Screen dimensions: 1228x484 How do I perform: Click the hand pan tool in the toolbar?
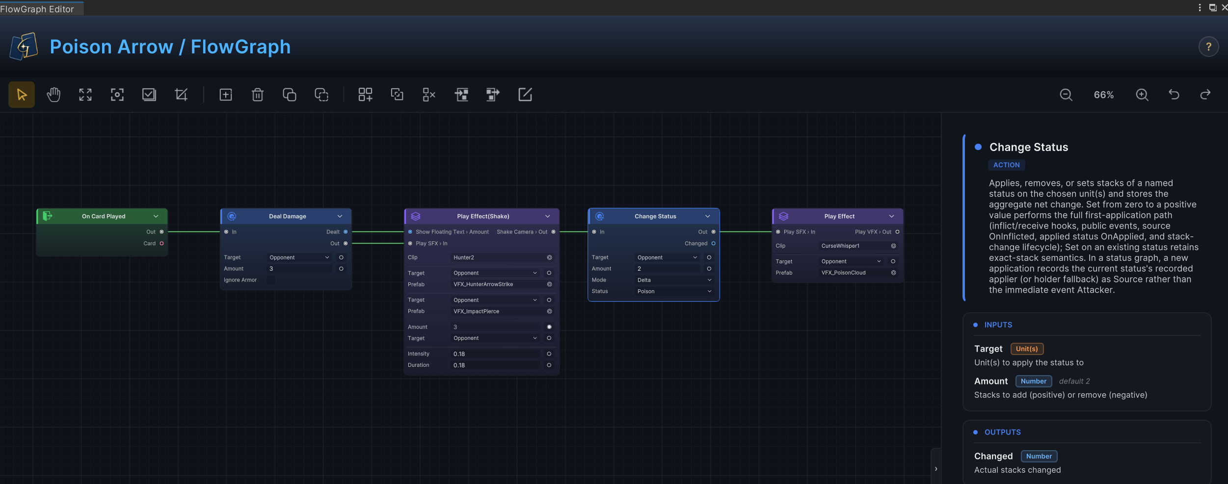tap(53, 95)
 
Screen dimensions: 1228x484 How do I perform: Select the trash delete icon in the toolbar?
tap(258, 95)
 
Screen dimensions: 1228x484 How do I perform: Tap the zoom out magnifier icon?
tap(1066, 95)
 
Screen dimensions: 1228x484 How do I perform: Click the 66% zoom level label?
tap(1104, 95)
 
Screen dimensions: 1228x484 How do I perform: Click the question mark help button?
tap(1208, 47)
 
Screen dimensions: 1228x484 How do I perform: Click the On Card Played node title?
tap(104, 216)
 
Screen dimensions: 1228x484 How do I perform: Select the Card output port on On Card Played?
tap(161, 243)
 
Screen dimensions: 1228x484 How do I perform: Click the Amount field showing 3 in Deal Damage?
tap(299, 269)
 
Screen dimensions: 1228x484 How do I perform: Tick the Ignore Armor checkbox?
tap(271, 280)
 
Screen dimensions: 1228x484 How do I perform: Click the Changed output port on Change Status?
tap(713, 243)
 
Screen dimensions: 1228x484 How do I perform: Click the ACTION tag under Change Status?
tap(1006, 165)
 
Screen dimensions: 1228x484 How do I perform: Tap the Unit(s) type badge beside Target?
tap(1027, 349)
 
